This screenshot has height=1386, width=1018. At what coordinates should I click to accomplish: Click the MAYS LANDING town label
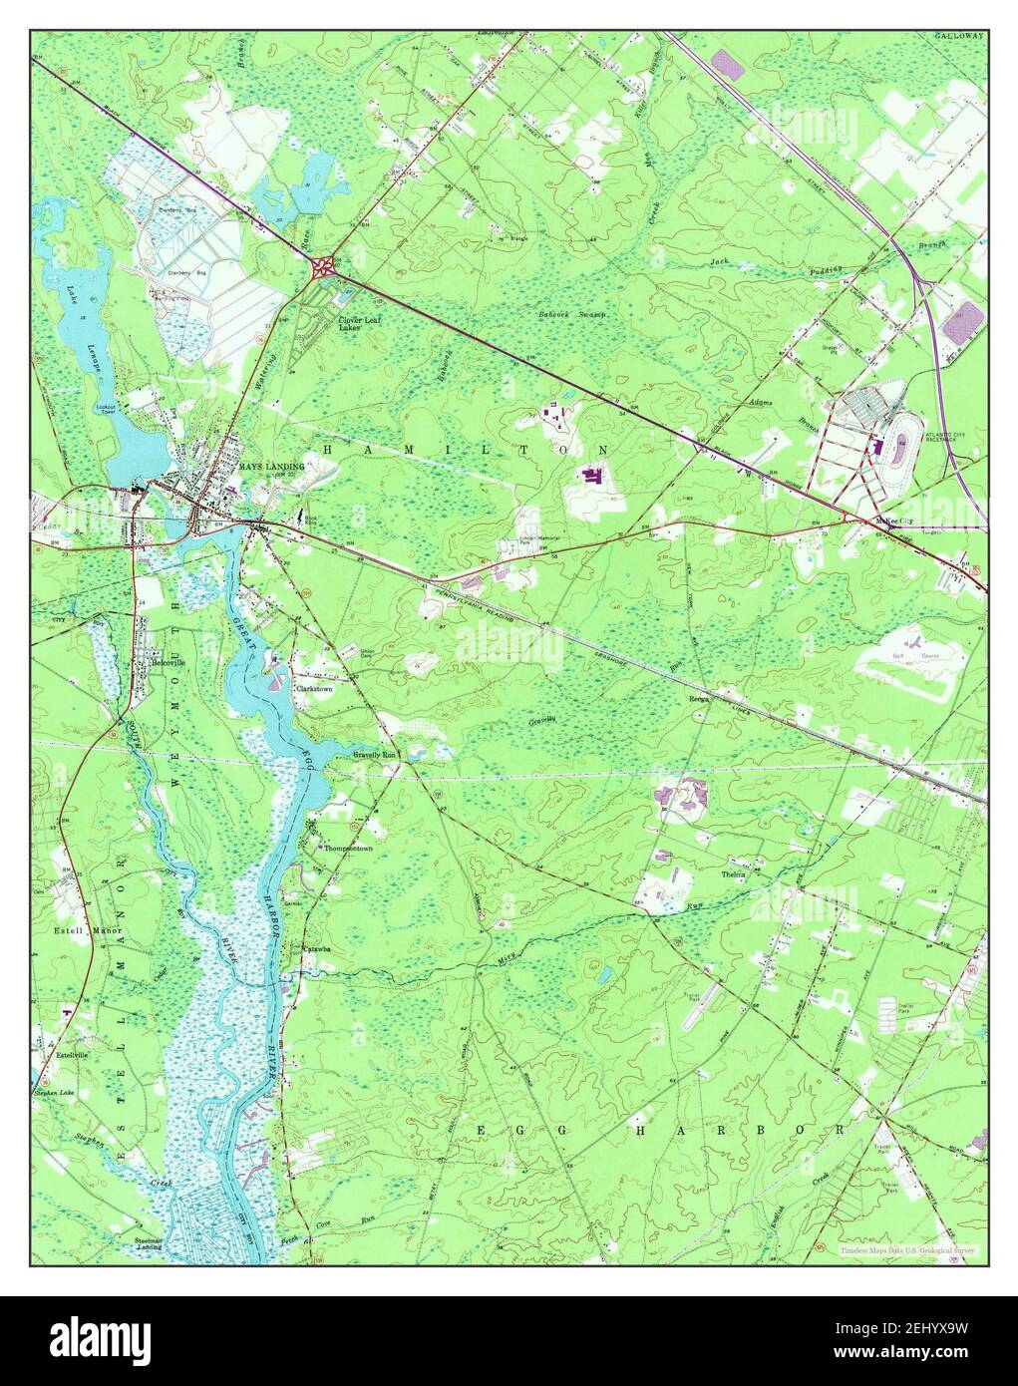click(270, 466)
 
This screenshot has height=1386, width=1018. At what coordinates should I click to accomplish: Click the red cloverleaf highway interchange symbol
click(323, 266)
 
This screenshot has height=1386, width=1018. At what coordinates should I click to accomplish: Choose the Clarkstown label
click(314, 688)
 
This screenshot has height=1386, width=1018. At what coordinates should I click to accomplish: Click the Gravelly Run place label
click(375, 756)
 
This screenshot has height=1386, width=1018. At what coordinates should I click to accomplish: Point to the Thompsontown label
click(347, 849)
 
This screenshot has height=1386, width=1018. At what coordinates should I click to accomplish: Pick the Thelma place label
click(734, 874)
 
